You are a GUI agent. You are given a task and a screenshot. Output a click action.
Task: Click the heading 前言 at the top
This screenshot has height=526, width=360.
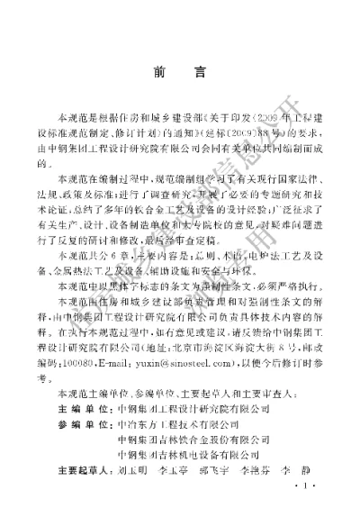[x=181, y=77]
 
